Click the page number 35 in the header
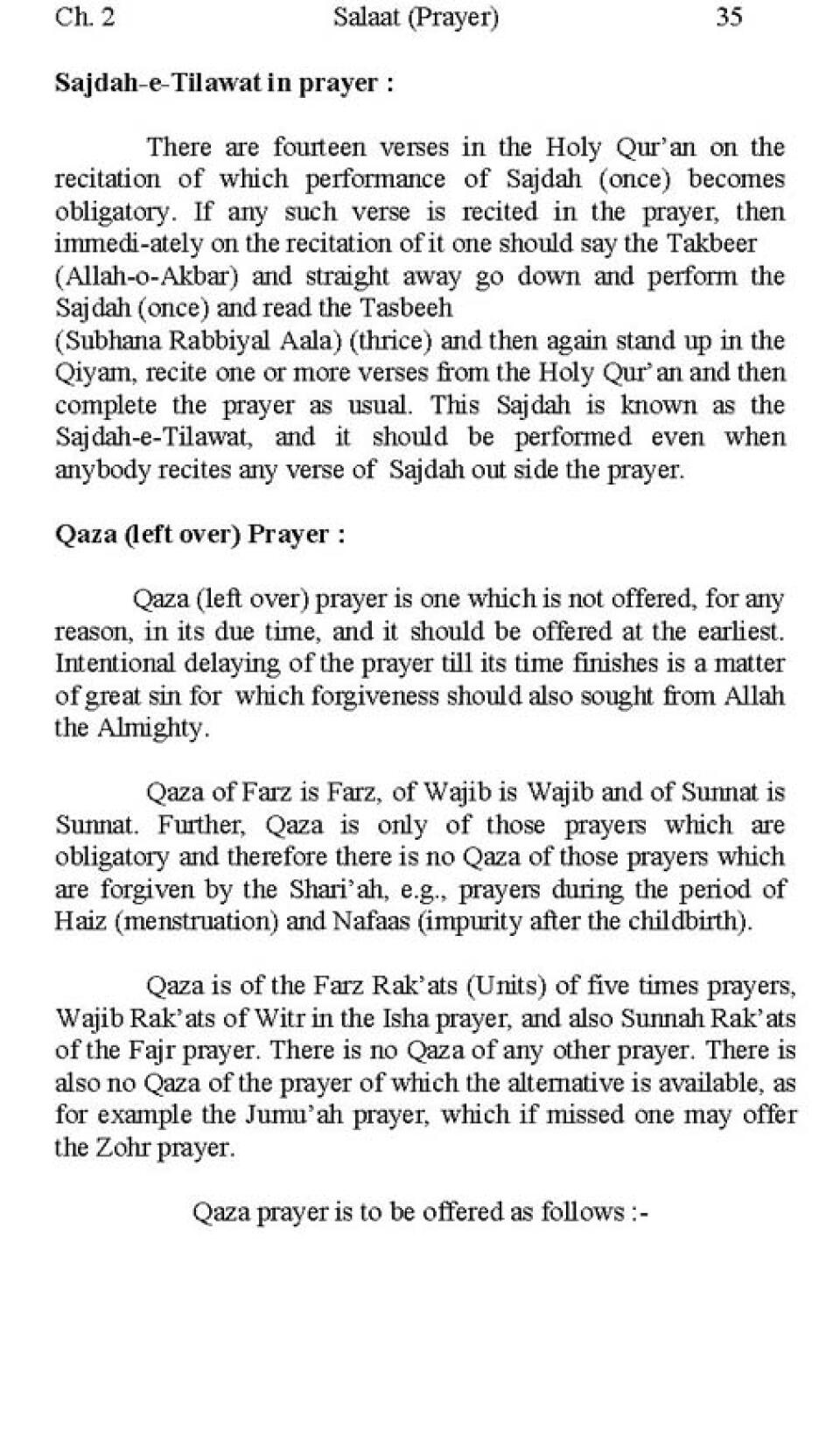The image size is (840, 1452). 729,17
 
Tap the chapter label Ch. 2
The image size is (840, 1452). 85,17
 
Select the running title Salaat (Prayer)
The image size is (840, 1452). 416,17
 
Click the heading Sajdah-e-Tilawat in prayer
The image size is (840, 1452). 224,83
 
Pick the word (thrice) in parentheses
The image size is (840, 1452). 390,340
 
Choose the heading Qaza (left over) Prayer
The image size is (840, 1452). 199,534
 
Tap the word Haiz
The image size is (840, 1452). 78,922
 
